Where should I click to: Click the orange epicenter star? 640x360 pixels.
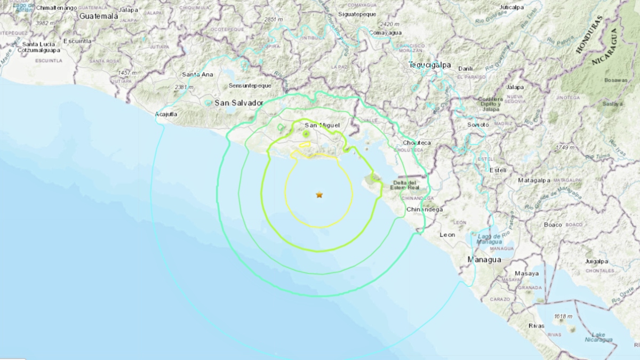(x=319, y=195)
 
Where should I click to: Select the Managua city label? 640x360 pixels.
(x=484, y=260)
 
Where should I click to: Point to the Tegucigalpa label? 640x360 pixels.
(x=429, y=65)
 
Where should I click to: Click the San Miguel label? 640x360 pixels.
(x=318, y=125)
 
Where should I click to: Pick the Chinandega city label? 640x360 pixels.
(x=425, y=210)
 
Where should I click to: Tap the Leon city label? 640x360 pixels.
(x=447, y=235)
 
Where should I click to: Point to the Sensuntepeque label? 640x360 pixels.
(x=250, y=85)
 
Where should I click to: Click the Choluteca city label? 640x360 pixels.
(x=417, y=143)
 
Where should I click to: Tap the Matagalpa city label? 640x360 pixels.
(x=535, y=180)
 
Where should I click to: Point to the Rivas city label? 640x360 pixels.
(x=537, y=325)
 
